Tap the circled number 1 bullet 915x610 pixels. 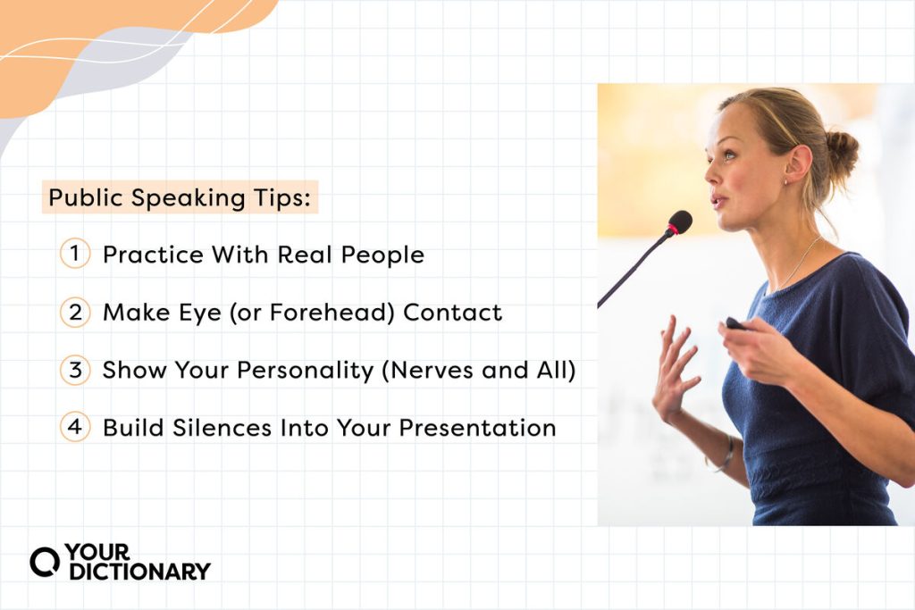coord(75,254)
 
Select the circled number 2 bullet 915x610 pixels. coord(75,312)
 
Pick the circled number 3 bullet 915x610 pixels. coord(75,370)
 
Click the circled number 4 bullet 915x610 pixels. coord(75,427)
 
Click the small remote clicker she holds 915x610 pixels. coord(735,323)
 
